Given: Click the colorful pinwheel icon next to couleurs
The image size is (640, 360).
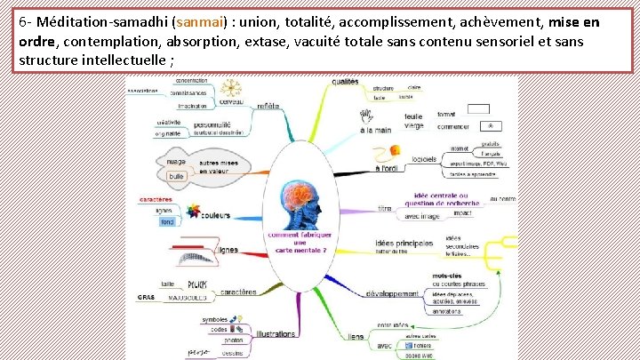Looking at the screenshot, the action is pyautogui.click(x=193, y=212).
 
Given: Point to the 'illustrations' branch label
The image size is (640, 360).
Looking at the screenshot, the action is pyautogui.click(x=276, y=334).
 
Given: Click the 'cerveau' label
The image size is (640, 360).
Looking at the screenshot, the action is pyautogui.click(x=233, y=103).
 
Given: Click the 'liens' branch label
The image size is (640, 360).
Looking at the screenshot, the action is pyautogui.click(x=356, y=337).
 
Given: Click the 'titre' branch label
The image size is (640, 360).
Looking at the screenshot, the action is pyautogui.click(x=385, y=208).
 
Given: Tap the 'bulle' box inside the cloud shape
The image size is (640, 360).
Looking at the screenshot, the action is pyautogui.click(x=177, y=176).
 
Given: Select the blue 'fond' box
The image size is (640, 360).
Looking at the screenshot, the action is pyautogui.click(x=167, y=222).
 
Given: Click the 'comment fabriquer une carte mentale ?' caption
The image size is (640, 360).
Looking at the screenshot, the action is pyautogui.click(x=300, y=242).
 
